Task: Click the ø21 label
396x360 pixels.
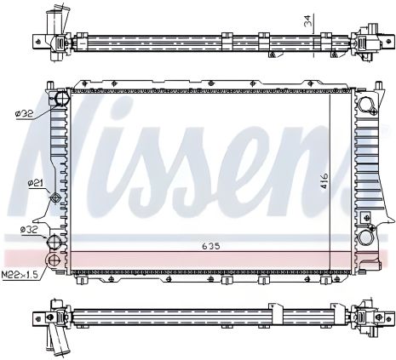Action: [35, 183]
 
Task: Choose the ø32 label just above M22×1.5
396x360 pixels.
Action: [30, 230]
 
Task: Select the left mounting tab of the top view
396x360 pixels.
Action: [37, 40]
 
